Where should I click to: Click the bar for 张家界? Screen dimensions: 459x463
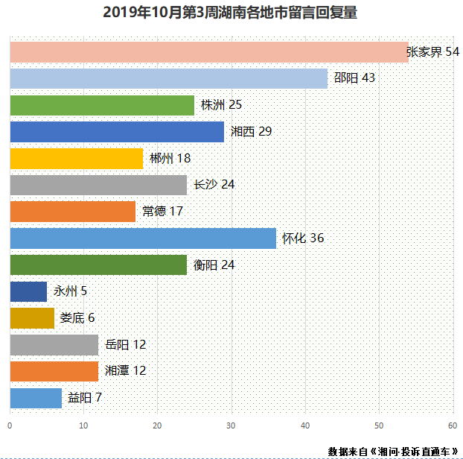(208, 52)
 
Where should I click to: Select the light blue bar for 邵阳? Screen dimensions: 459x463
(168, 78)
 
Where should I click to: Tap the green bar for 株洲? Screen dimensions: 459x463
(102, 105)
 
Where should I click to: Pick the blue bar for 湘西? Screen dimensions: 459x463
(117, 132)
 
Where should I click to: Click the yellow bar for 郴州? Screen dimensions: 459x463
(76, 159)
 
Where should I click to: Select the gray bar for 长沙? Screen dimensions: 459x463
(98, 185)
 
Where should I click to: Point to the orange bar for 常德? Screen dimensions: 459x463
(72, 212)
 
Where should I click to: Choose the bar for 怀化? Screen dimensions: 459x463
(143, 238)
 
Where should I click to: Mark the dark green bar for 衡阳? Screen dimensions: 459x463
(98, 265)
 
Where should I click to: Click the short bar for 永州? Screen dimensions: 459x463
(28, 291)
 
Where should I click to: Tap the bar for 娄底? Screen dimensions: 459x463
(32, 318)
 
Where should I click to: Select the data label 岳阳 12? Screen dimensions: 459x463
(125, 345)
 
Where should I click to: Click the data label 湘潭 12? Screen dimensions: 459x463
(125, 371)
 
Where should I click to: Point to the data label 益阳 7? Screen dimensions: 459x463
(85, 398)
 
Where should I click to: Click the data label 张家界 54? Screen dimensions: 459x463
(432, 52)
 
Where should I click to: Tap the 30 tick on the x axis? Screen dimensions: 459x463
(231, 425)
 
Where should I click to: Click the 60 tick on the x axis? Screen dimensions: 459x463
(452, 425)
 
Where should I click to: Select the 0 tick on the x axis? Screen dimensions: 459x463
(10, 425)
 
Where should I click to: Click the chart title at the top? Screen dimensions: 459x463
(231, 13)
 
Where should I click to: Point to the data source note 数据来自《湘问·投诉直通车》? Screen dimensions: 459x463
(392, 451)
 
